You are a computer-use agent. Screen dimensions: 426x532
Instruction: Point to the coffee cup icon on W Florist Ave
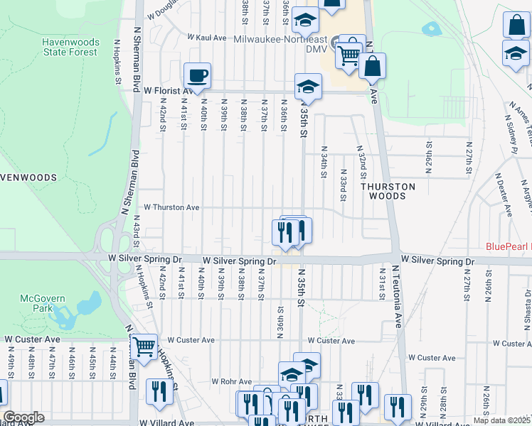tap(197, 75)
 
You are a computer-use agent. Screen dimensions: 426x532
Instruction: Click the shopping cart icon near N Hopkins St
tap(144, 348)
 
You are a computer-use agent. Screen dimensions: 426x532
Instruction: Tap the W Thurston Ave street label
tap(171, 207)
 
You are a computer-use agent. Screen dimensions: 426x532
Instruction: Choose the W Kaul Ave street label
tap(206, 36)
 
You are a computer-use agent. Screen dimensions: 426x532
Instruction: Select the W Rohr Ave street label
tap(233, 381)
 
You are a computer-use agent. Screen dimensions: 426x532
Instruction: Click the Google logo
tap(23, 417)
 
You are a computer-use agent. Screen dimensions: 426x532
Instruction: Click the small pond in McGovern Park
tap(87, 306)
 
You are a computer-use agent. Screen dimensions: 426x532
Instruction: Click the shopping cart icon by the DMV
tap(348, 55)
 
